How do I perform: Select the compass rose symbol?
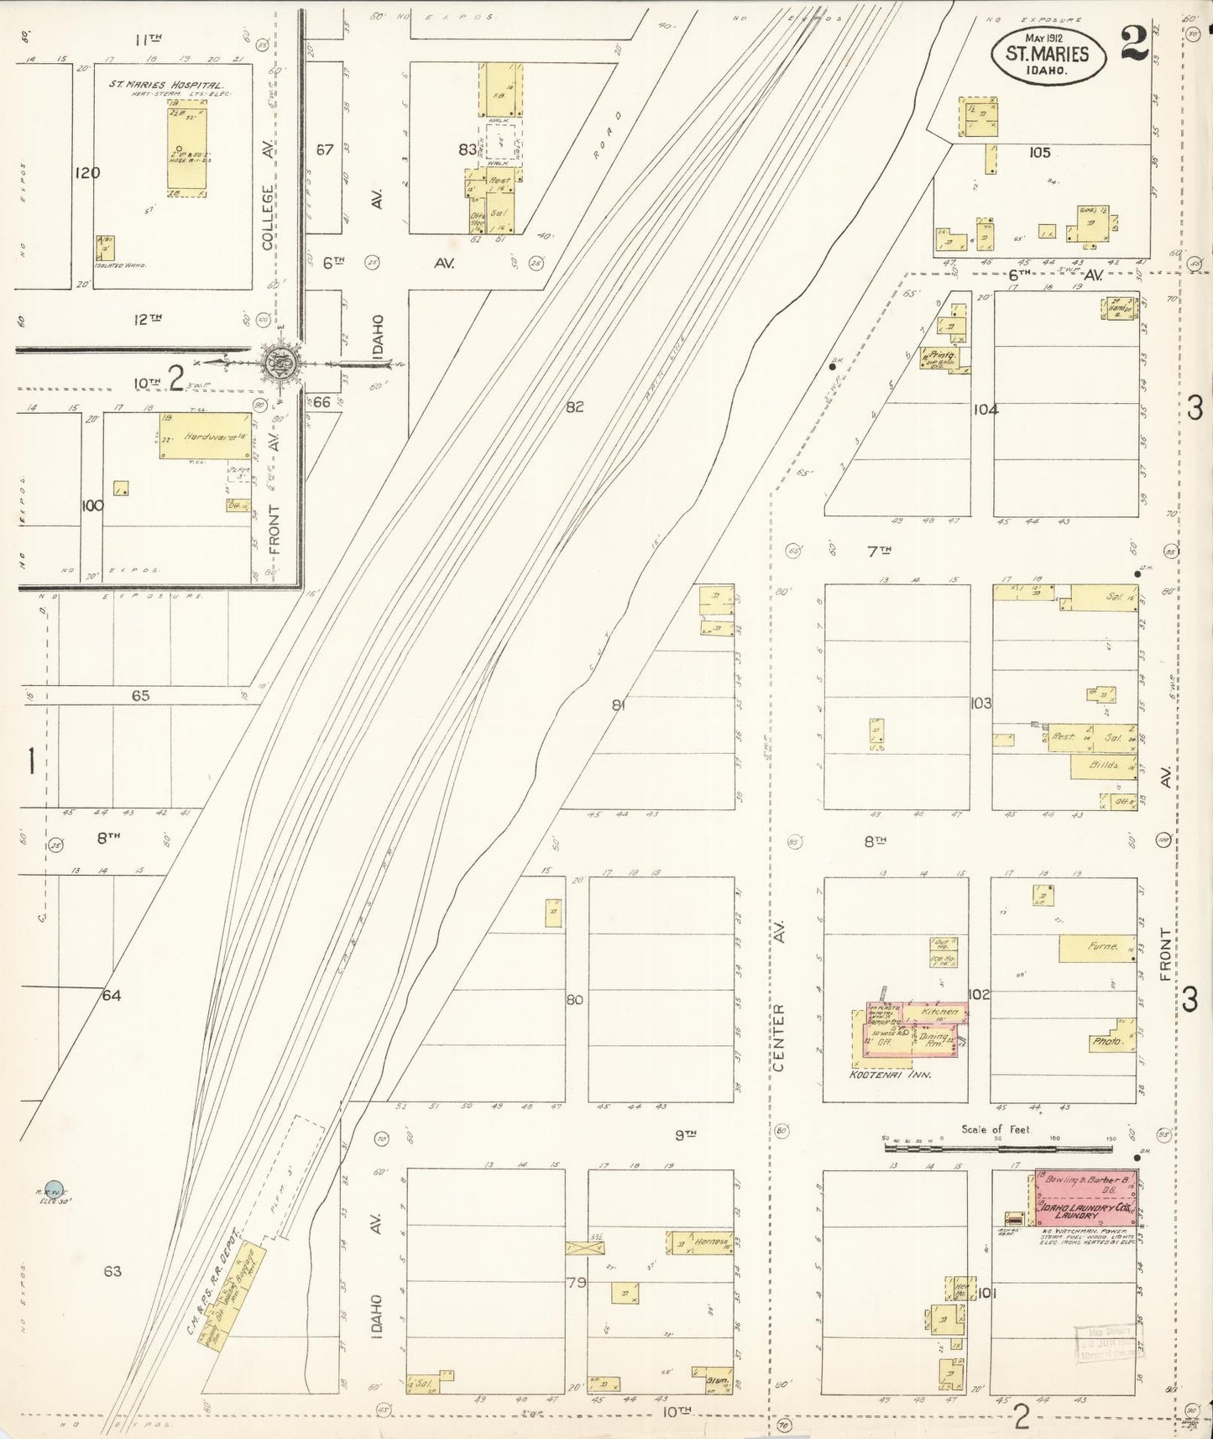tap(278, 363)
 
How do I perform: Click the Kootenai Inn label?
tap(879, 1074)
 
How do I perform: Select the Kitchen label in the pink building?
tap(939, 1013)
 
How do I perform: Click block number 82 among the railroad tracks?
tap(574, 407)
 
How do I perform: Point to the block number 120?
tap(86, 173)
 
